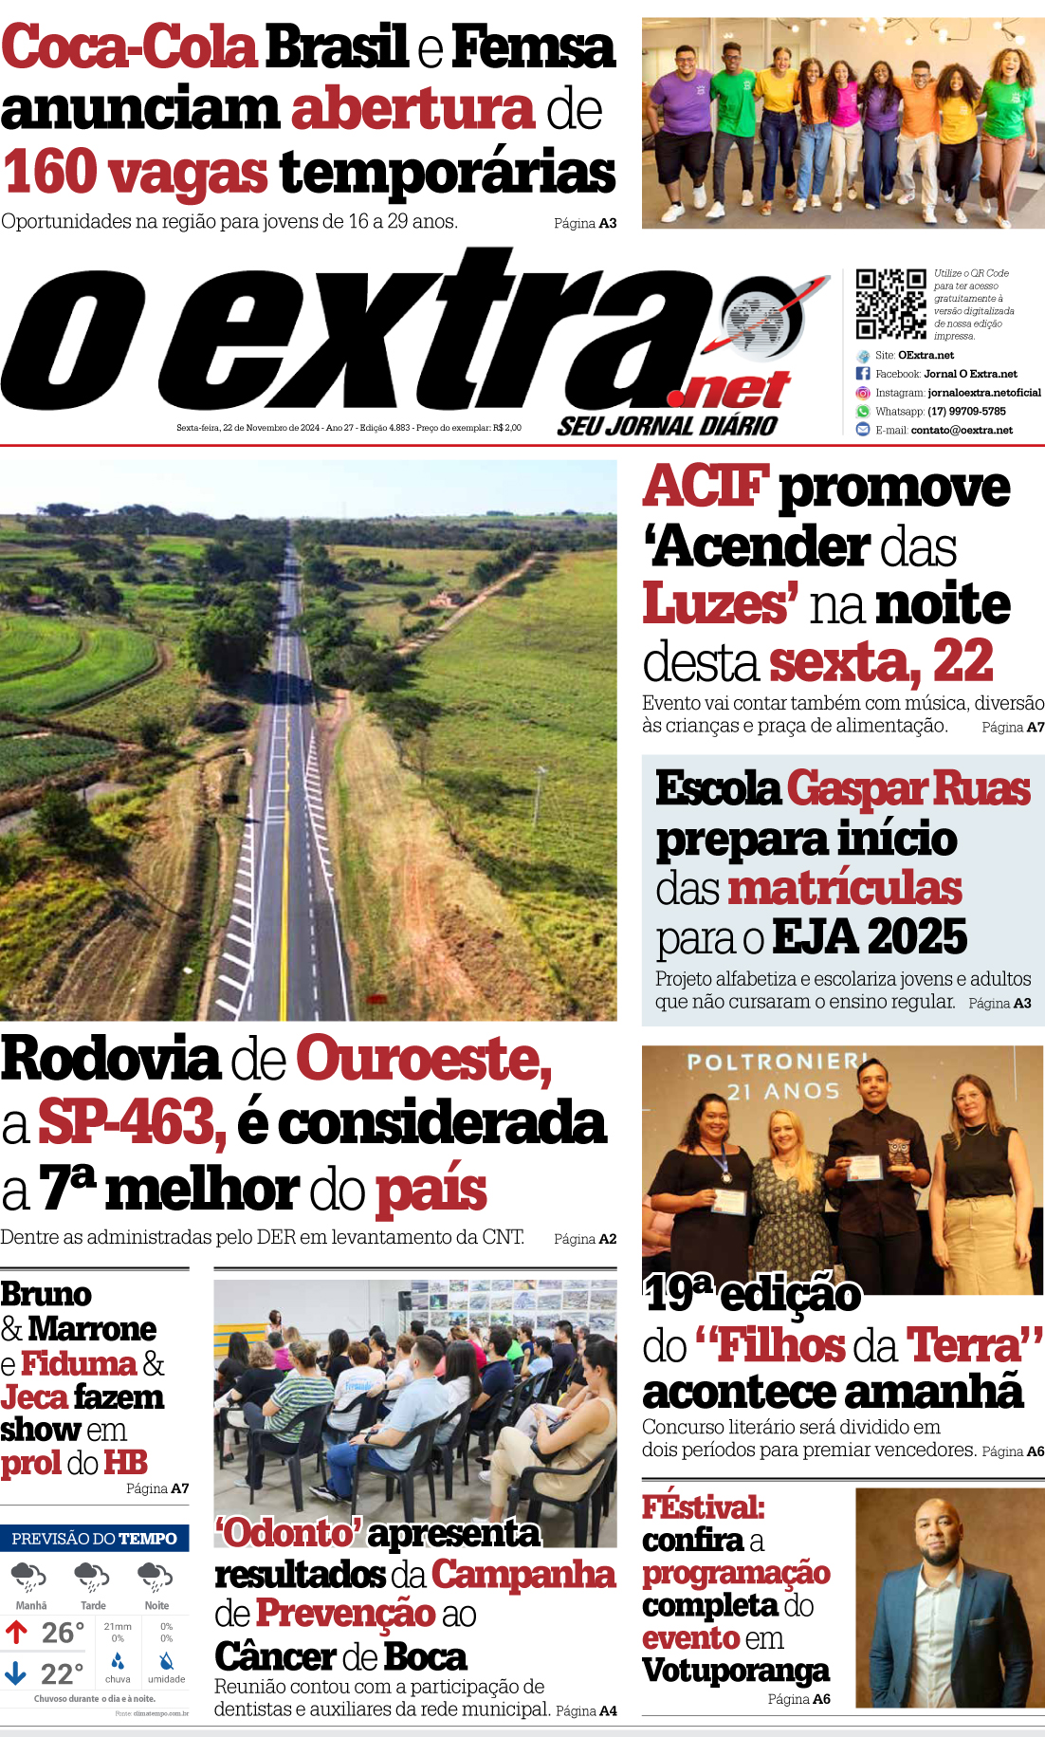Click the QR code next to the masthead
(890, 304)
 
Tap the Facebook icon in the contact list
(863, 374)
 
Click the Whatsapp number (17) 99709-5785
(966, 412)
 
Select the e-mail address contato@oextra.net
(962, 431)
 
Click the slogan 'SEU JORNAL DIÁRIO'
(668, 426)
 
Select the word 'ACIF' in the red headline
(705, 487)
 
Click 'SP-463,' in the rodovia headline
(132, 1123)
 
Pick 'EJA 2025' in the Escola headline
(870, 937)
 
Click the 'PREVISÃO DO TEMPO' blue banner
(94, 1539)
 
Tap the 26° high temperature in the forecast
(63, 1633)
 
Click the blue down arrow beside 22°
(15, 1672)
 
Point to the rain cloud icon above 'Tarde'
(92, 1577)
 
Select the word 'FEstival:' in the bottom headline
(703, 1507)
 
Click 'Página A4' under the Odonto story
(586, 1710)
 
